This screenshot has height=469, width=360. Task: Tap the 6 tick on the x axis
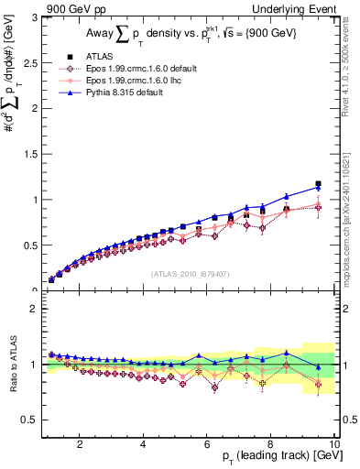coord(207,443)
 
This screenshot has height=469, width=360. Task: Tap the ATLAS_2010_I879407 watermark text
coord(191,273)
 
